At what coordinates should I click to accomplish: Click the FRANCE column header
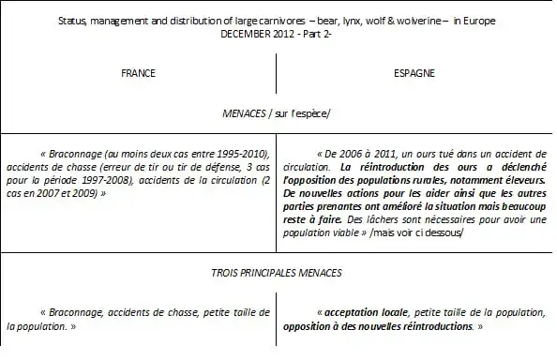[138, 72]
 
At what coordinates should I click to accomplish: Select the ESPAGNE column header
[414, 72]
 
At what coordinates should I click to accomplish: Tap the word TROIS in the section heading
[227, 273]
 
